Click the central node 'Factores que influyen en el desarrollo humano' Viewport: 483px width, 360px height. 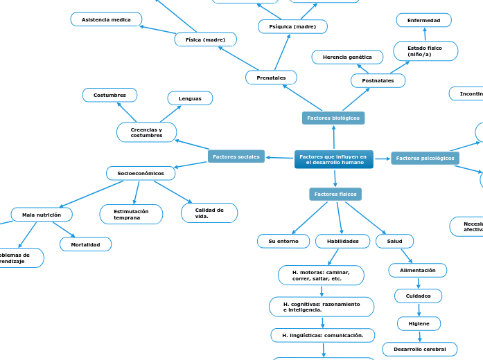coord(334,159)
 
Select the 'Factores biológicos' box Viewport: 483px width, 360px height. coord(333,118)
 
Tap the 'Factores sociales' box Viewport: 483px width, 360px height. coord(236,157)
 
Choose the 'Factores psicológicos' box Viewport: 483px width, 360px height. coord(425,159)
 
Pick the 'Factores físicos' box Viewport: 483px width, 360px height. coord(335,195)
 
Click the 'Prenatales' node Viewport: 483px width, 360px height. coord(271,78)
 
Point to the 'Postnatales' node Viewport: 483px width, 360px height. coord(378,81)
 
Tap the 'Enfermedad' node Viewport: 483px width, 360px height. coord(423,20)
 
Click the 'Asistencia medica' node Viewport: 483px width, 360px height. coord(106,19)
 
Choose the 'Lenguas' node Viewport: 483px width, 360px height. coord(190,98)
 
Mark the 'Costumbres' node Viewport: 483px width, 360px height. coord(109,95)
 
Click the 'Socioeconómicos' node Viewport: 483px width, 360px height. coord(141,173)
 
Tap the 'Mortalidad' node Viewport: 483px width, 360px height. coord(85,244)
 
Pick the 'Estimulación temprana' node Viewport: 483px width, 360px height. coord(131,215)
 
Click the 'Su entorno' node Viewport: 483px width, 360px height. coord(283,241)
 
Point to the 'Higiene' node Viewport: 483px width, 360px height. coord(419,323)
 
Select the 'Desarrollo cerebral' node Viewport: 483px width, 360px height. coord(419,350)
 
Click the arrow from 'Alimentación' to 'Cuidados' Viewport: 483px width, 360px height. coord(419,282)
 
